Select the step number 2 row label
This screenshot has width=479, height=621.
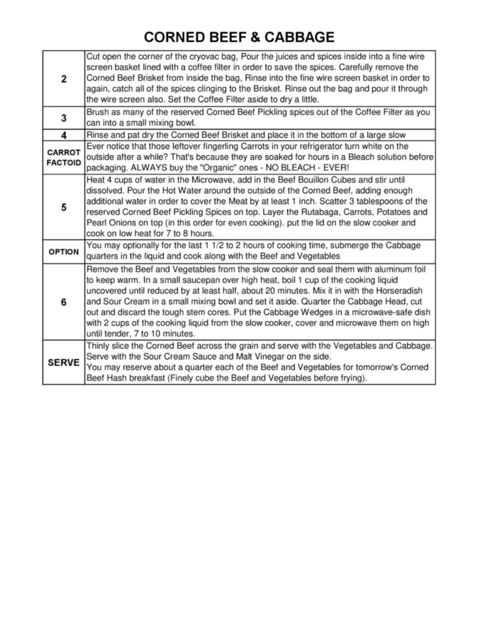[x=64, y=79]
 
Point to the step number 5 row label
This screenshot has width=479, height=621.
[x=64, y=208]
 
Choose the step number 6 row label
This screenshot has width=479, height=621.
[x=64, y=302]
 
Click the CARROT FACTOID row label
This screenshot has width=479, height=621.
[x=64, y=157]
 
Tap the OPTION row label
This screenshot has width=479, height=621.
[x=64, y=252]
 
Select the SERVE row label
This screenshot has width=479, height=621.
[x=64, y=362]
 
